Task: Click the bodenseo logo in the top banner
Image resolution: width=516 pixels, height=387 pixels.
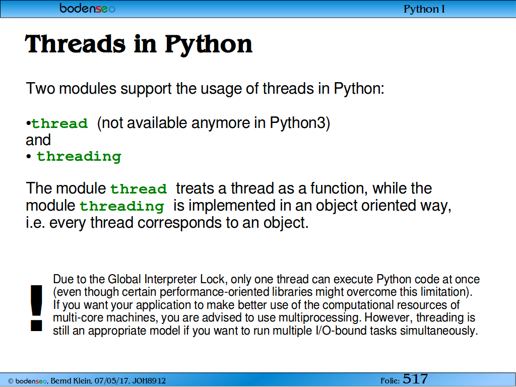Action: pos(88,8)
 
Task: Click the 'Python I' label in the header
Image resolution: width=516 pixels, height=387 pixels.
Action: pos(424,9)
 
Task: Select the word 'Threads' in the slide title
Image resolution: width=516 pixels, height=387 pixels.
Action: pos(76,44)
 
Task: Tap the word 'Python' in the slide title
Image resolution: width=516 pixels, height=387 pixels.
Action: pos(208,45)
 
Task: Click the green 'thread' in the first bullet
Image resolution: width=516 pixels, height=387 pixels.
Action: pos(59,123)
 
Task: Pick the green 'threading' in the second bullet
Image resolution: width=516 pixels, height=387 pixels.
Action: pos(79,157)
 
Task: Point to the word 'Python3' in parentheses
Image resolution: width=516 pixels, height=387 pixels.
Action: pos(297,123)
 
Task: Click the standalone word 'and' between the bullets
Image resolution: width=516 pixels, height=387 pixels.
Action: pos(38,140)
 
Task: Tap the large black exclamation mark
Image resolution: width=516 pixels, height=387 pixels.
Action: pos(36,308)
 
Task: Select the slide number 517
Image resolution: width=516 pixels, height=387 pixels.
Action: pos(415,379)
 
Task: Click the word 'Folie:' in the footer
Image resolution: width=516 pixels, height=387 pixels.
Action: pos(390,381)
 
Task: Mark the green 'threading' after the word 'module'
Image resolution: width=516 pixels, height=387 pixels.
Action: pos(122,206)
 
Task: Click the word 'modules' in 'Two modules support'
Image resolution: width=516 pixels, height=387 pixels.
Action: pos(88,88)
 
